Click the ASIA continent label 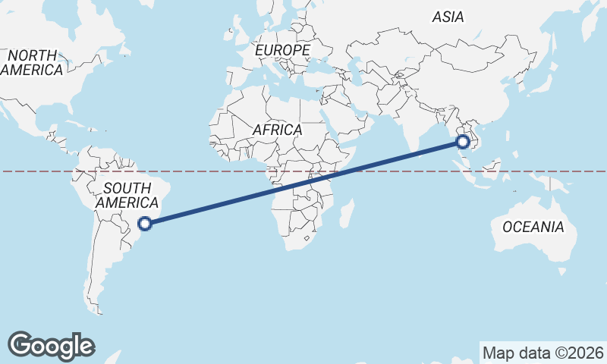(x=448, y=16)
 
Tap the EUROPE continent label (x=283, y=50)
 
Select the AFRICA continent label (x=277, y=130)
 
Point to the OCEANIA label (x=533, y=227)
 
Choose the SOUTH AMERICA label (x=127, y=196)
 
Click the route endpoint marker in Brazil (x=146, y=223)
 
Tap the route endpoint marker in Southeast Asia (x=462, y=140)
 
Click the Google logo (x=51, y=345)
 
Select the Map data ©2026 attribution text (x=543, y=353)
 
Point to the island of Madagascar (x=346, y=213)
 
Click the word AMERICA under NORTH (x=32, y=70)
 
